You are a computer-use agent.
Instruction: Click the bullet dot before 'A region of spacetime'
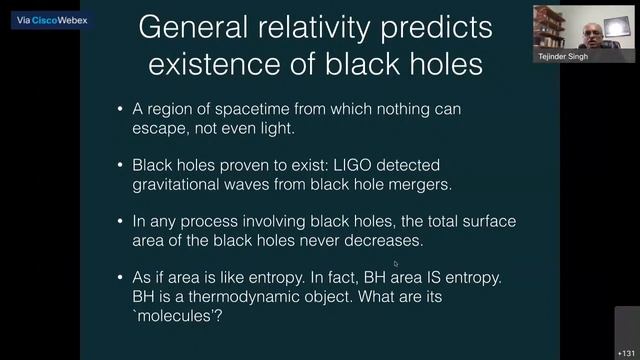click(x=121, y=107)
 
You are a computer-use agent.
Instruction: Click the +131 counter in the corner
click(x=626, y=352)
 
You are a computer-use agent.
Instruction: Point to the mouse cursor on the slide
click(x=396, y=264)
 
